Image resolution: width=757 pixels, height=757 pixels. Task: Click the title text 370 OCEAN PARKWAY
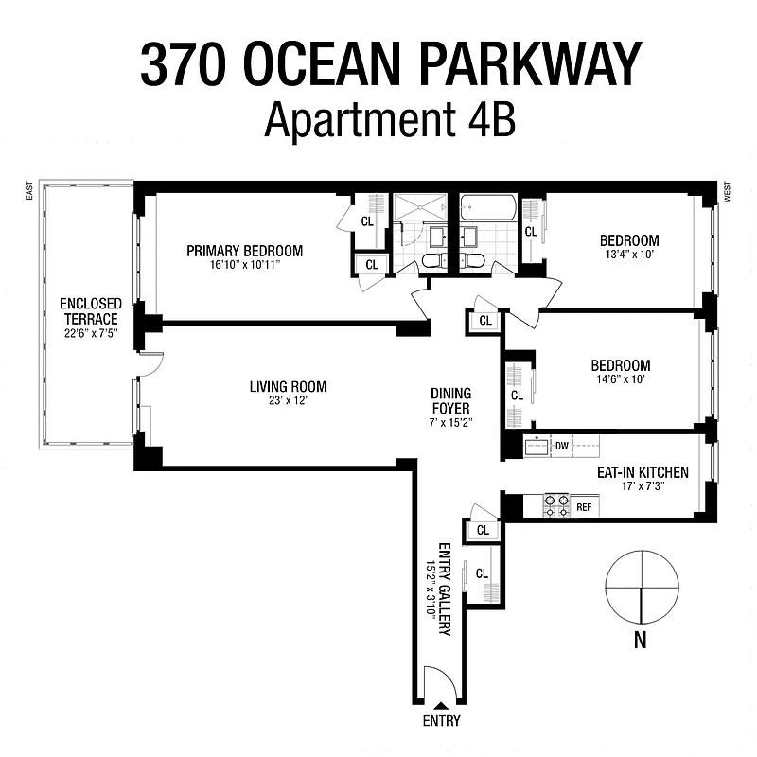(390, 63)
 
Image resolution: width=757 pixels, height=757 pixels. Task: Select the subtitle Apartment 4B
(390, 119)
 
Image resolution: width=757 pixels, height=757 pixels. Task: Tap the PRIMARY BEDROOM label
(244, 251)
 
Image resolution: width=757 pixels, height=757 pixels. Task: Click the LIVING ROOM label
(288, 386)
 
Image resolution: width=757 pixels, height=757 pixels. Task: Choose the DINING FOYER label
(450, 399)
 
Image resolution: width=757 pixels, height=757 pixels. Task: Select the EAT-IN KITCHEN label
(642, 472)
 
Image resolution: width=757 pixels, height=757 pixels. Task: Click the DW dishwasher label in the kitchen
(561, 446)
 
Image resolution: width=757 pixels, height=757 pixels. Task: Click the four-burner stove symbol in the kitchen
(555, 506)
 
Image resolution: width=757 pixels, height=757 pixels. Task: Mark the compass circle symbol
(641, 588)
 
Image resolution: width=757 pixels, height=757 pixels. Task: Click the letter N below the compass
(641, 641)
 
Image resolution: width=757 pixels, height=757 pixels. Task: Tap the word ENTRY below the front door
(441, 721)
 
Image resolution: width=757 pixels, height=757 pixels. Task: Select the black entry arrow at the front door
(441, 706)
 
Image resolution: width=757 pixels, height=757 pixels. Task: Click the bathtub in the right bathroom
(488, 208)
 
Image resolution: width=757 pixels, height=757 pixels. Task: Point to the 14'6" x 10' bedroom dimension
(620, 379)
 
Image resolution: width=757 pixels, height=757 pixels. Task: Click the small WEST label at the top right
(727, 192)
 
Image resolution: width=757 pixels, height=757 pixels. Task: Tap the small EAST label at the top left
(30, 192)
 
